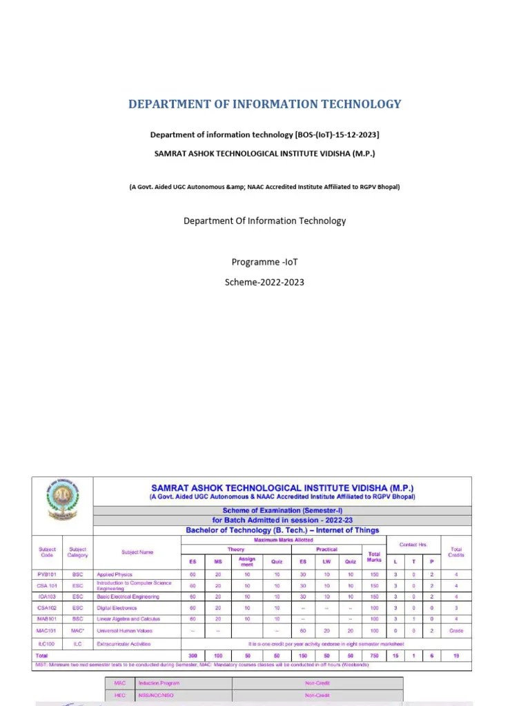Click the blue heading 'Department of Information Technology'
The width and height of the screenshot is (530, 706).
[264, 104]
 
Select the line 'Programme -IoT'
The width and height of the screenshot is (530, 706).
[264, 262]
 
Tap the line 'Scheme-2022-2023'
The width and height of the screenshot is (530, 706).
[264, 282]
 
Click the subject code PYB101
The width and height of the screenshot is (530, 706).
[47, 574]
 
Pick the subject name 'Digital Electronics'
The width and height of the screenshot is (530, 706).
[117, 608]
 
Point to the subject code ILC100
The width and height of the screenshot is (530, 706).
[47, 644]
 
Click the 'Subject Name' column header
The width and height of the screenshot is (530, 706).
[137, 552]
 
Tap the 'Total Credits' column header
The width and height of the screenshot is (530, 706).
[456, 552]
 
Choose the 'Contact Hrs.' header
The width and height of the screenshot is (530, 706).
[413, 545]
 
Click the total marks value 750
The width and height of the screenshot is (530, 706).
[374, 656]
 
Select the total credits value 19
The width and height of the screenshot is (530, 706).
[456, 656]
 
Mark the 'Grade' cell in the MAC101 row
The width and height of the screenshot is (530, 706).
[456, 630]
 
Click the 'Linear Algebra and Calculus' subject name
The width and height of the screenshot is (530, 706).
[128, 619]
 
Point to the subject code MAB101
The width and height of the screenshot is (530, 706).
[47, 619]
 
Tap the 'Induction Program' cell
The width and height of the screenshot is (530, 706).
[159, 683]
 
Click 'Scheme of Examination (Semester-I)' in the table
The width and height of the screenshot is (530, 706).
[282, 510]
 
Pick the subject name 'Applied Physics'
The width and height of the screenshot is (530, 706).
[115, 574]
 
